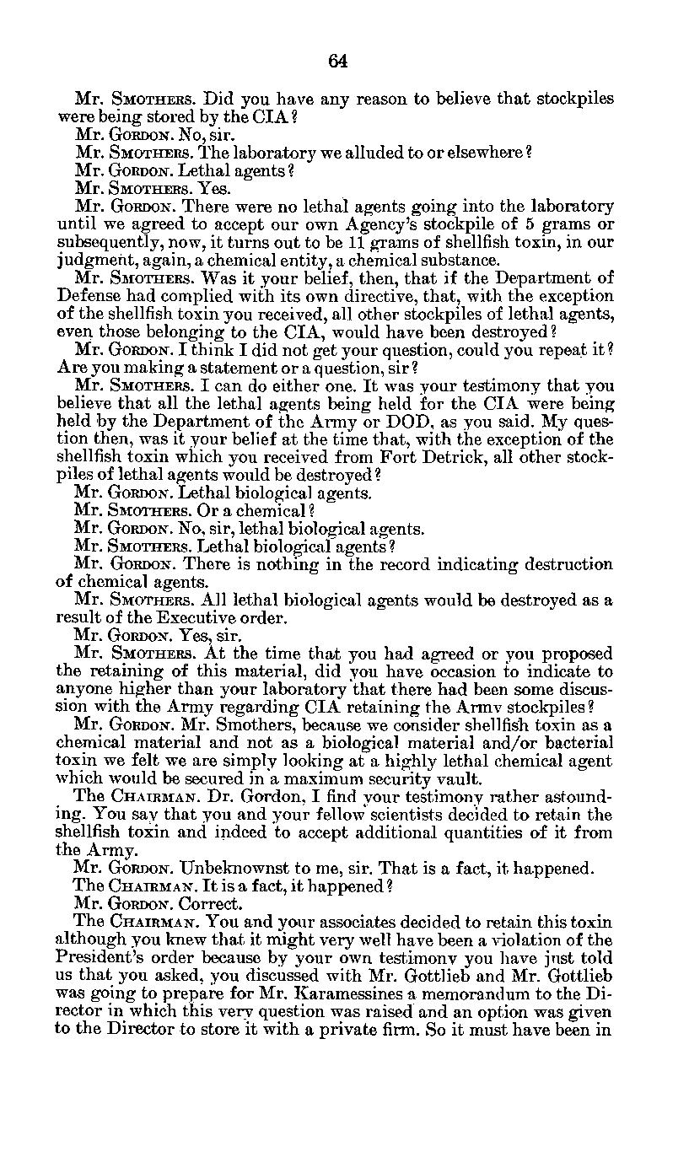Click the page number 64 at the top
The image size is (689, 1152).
pyautogui.click(x=338, y=61)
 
